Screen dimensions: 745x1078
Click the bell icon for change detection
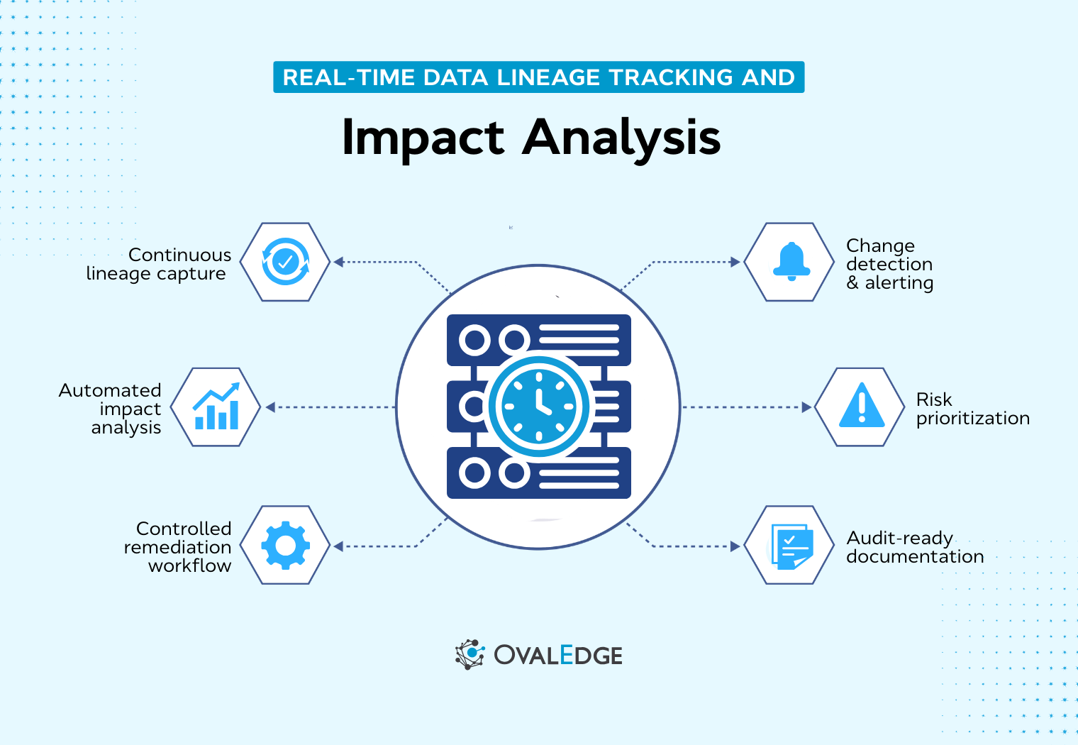(x=791, y=261)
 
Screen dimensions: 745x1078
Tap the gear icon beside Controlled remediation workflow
(x=285, y=545)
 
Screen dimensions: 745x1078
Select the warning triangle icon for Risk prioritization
(x=862, y=406)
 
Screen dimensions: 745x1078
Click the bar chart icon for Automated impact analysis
(x=216, y=407)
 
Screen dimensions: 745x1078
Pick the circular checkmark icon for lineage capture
(x=285, y=261)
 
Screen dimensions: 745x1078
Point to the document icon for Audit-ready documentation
(x=791, y=546)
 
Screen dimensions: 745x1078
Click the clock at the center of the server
(x=538, y=407)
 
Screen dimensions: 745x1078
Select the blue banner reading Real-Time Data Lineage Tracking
(x=538, y=77)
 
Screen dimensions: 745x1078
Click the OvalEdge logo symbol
(x=469, y=654)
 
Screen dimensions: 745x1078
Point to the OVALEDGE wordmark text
(x=558, y=655)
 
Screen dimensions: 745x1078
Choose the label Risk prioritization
(x=972, y=409)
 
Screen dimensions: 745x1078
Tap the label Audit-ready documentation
(x=915, y=547)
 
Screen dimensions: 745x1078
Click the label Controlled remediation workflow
(x=178, y=546)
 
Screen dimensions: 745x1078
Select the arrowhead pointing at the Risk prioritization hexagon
(x=806, y=407)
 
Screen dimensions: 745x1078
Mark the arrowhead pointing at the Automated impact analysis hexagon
(x=270, y=407)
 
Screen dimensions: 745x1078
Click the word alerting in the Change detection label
(x=899, y=282)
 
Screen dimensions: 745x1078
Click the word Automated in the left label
(x=110, y=390)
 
